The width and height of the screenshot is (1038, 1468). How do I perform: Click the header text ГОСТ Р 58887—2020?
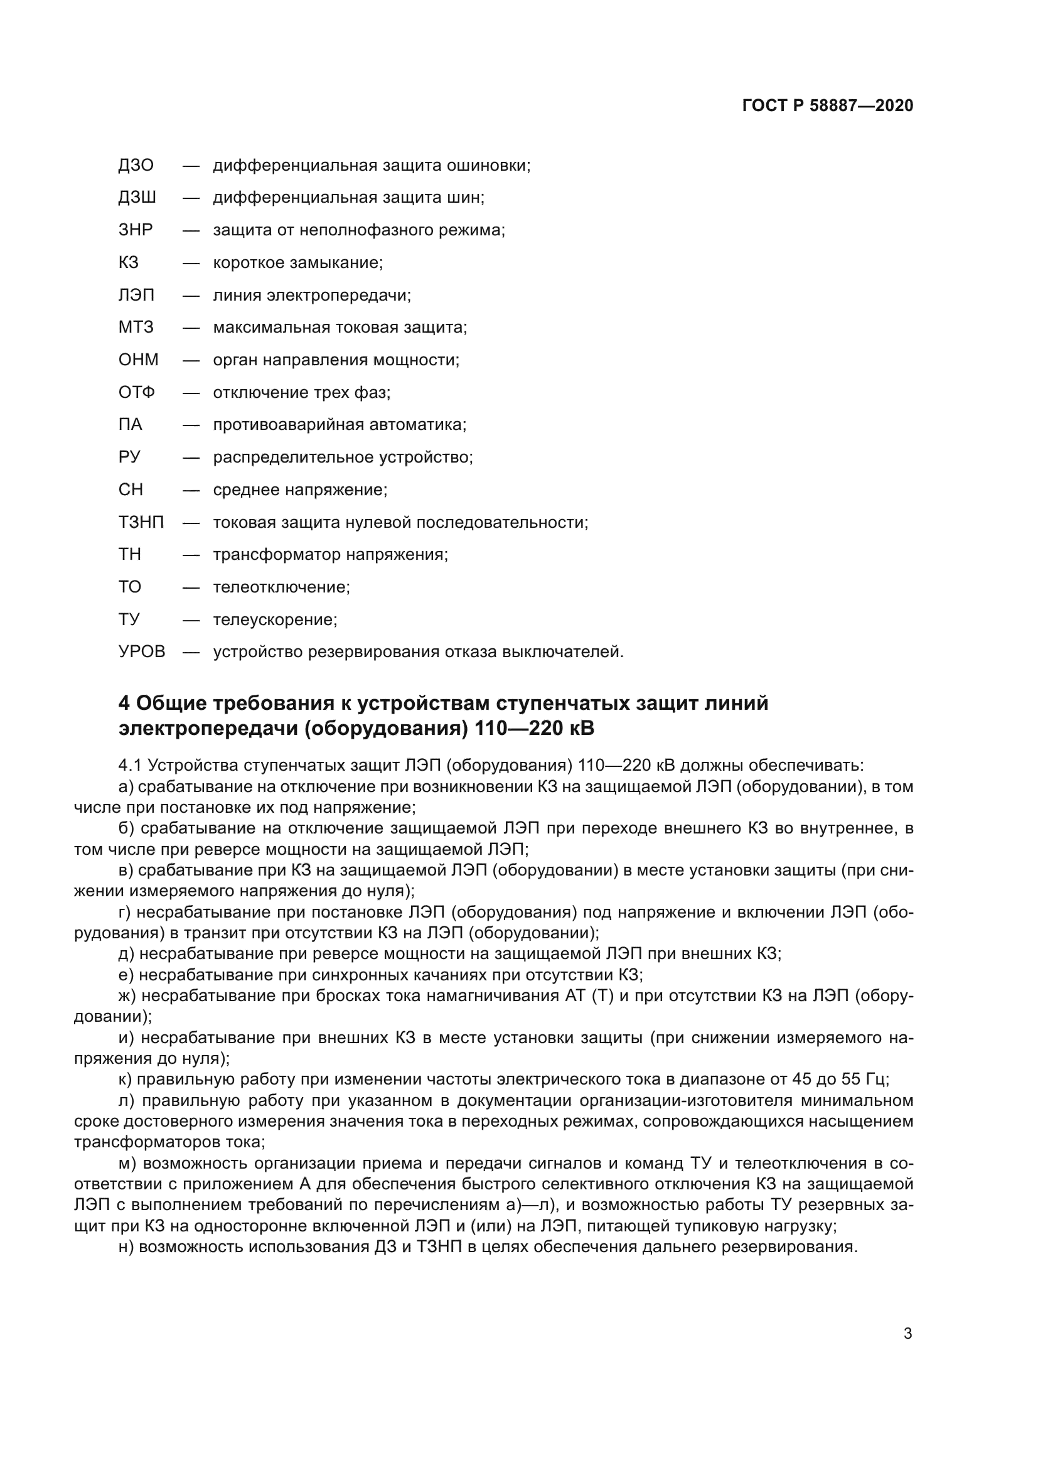(828, 105)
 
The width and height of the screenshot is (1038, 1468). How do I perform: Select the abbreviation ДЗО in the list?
(136, 166)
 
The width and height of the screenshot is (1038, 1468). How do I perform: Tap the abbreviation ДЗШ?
(137, 198)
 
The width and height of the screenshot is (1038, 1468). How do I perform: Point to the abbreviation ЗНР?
(136, 230)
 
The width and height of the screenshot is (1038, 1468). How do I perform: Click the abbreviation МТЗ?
(136, 328)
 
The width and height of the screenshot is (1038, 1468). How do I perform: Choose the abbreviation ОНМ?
(138, 360)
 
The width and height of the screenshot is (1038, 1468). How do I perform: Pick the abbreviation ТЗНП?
(141, 522)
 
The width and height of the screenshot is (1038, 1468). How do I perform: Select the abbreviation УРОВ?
(142, 652)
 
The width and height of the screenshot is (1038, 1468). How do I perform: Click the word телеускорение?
(275, 619)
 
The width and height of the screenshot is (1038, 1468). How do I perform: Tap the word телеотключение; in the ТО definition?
(281, 587)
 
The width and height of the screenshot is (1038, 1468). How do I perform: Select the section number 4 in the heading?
(124, 704)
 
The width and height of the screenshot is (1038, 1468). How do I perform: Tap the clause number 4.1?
(131, 765)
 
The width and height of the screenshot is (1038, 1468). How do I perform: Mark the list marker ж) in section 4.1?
(127, 996)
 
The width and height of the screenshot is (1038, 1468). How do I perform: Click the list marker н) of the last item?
(126, 1248)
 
